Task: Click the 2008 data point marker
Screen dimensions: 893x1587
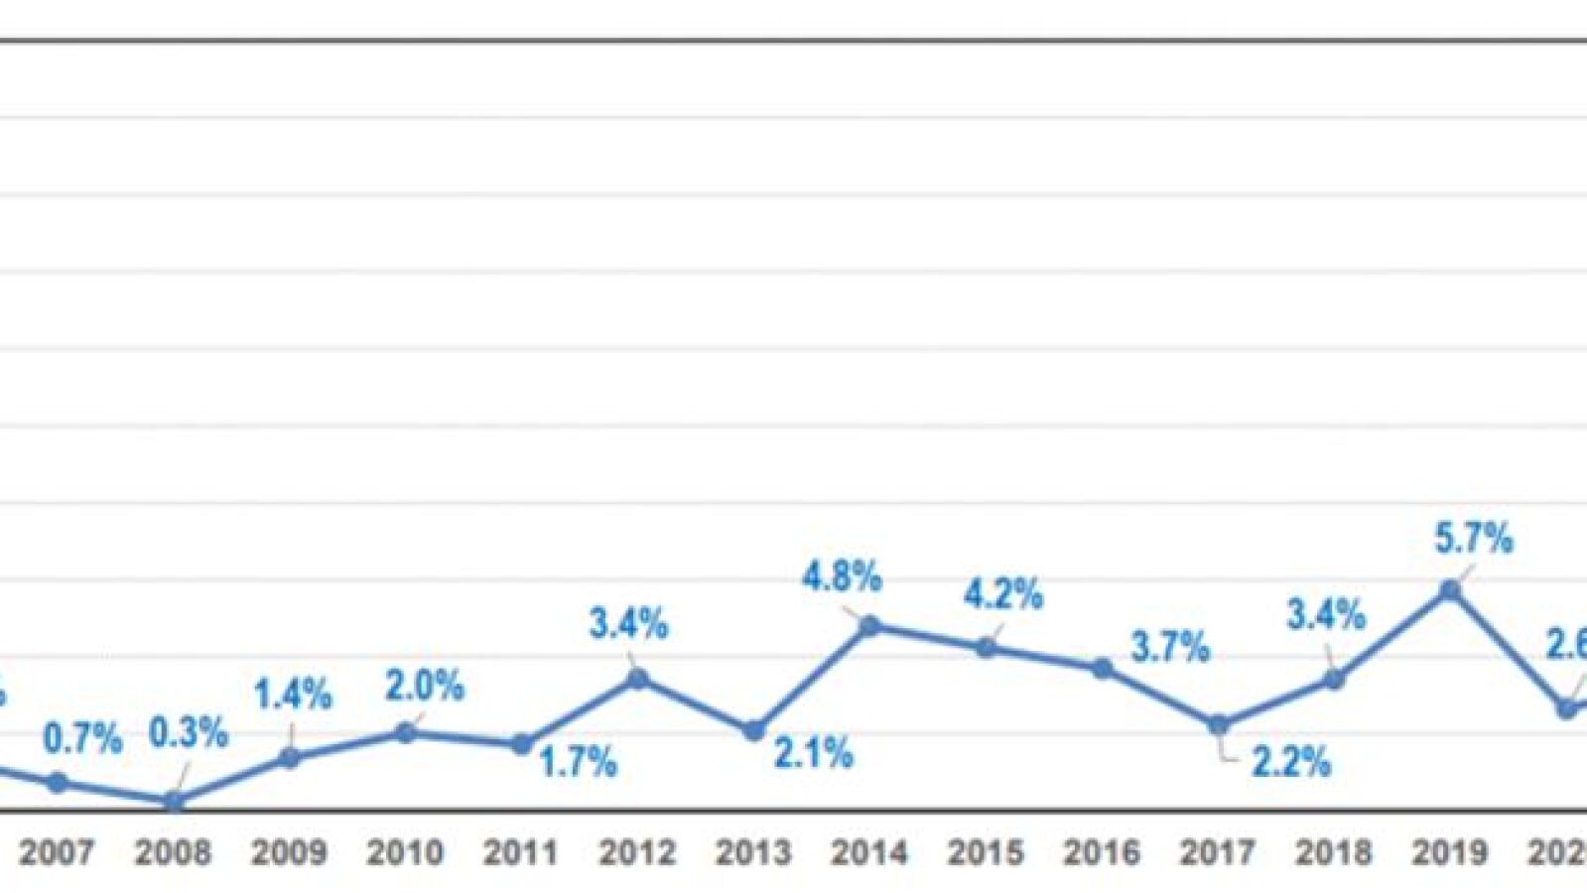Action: coord(174,801)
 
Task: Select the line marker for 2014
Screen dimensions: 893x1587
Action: coord(870,625)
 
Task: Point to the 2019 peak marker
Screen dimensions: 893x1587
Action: coord(1450,590)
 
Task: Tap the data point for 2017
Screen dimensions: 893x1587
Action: coord(1219,725)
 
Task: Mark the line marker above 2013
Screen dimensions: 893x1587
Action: coord(754,730)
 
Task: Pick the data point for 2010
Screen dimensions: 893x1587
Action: coord(406,732)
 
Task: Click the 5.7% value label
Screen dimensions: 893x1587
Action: coord(1474,539)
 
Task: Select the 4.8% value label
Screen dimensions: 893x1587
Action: coord(842,576)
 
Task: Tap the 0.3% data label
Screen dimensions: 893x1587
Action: coord(189,733)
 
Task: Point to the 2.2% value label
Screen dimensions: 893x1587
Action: coord(1290,762)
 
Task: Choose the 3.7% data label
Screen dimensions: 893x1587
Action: coord(1170,648)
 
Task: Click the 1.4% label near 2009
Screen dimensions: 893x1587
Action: coord(293,695)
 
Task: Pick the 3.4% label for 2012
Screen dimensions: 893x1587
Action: coord(628,624)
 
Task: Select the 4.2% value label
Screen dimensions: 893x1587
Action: coord(1003,594)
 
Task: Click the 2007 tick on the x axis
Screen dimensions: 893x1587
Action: coord(57,851)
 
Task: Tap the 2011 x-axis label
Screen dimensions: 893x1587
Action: coord(521,851)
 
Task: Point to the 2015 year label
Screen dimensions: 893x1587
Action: coord(986,851)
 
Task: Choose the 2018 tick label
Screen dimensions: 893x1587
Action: coord(1334,851)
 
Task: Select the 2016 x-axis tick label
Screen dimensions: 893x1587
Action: coord(1102,851)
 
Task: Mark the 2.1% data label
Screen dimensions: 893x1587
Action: coord(813,754)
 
